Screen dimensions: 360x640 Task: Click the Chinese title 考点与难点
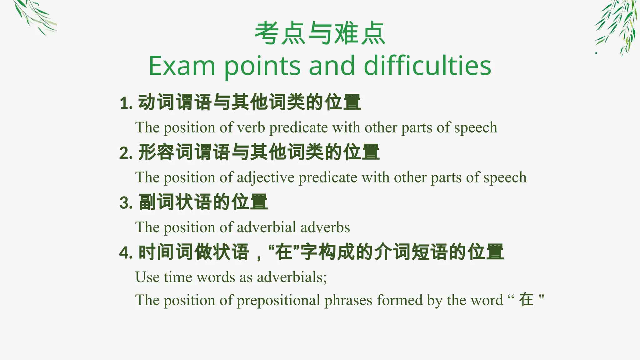320,33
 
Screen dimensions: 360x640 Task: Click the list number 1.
125,103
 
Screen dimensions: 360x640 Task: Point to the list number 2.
125,153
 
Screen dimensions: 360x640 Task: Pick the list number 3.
125,203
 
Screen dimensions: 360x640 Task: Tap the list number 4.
125,253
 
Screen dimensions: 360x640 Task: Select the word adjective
266,178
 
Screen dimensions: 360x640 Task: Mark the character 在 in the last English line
526,300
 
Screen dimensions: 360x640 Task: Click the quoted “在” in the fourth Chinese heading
283,252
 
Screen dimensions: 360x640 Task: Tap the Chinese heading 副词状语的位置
203,202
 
